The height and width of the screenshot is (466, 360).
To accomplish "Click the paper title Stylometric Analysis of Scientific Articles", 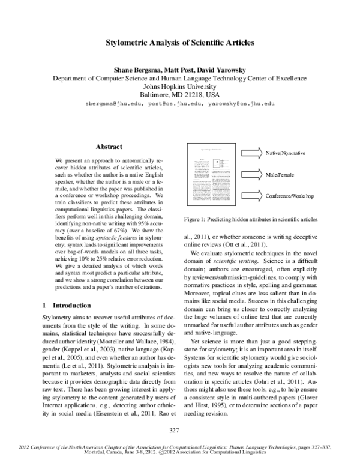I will pos(180,43).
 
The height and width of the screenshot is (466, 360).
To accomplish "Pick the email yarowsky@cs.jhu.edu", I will pos(242,104).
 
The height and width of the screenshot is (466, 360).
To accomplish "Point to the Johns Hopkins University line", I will pos(180,86).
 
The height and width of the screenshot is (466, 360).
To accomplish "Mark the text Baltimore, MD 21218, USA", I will pos(180,95).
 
